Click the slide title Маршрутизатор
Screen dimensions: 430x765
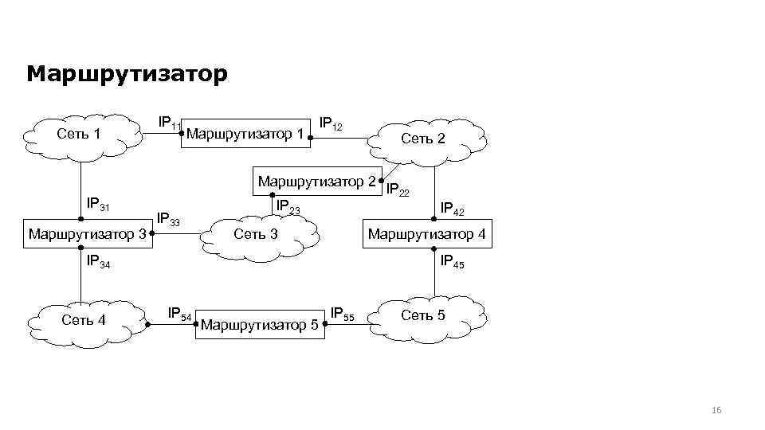(127, 74)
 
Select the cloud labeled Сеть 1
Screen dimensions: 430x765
(79, 134)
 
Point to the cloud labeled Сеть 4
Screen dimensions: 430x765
(84, 321)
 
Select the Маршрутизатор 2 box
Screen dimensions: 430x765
(317, 182)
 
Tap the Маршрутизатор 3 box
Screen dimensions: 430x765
(86, 234)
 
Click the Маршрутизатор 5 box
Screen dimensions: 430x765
(261, 325)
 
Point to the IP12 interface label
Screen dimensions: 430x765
(331, 124)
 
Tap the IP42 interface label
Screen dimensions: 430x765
(453, 209)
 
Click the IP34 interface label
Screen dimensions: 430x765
(98, 261)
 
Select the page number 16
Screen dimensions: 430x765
(715, 410)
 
